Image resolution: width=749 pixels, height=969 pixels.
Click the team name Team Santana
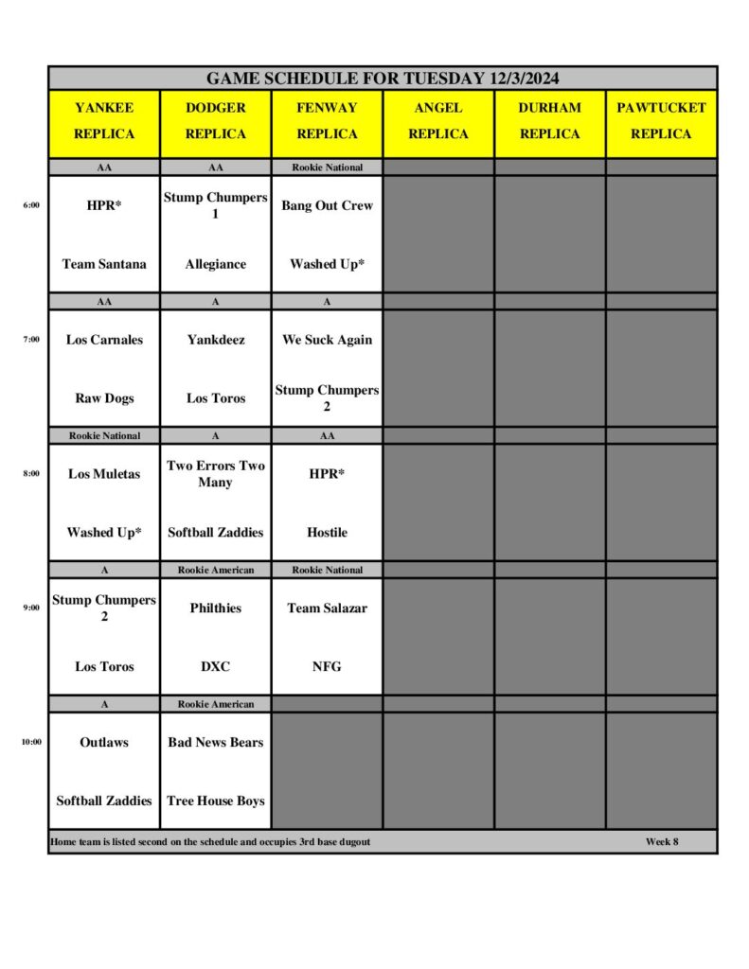pyautogui.click(x=104, y=264)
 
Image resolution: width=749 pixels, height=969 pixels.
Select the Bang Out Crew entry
pyautogui.click(x=327, y=205)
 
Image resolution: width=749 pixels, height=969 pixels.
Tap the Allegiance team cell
pyautogui.click(x=215, y=264)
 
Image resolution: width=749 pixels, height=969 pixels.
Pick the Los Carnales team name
pyautogui.click(x=104, y=340)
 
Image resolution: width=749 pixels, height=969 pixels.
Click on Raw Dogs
pyautogui.click(x=104, y=398)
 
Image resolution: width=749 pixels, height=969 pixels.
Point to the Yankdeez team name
pyautogui.click(x=215, y=340)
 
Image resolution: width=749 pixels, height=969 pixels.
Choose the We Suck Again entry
pyautogui.click(x=327, y=340)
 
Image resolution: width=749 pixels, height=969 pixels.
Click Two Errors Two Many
pyautogui.click(x=215, y=474)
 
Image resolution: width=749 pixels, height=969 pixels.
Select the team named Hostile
pyautogui.click(x=327, y=533)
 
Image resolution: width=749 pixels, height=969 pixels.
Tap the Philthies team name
pyautogui.click(x=215, y=608)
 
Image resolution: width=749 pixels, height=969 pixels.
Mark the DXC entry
pyautogui.click(x=215, y=667)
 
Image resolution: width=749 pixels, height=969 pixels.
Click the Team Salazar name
pyautogui.click(x=327, y=608)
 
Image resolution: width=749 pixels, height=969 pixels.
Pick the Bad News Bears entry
pyautogui.click(x=215, y=743)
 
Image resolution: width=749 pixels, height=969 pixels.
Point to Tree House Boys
pyautogui.click(x=215, y=802)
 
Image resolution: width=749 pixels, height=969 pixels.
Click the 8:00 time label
pyautogui.click(x=31, y=474)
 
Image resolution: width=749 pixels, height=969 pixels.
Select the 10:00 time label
pyautogui.click(x=31, y=743)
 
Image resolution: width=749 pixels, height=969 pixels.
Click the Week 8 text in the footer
pyautogui.click(x=662, y=842)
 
